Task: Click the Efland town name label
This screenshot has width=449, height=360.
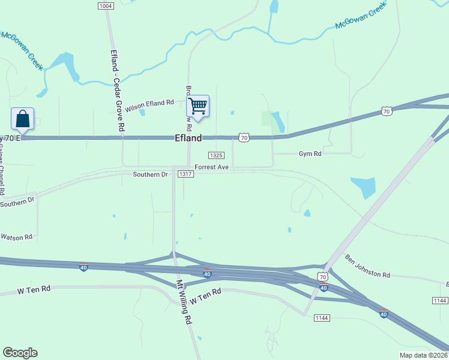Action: click(x=188, y=138)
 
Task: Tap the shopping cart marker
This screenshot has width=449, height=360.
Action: click(x=197, y=107)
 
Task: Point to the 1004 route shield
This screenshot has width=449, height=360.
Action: click(x=106, y=5)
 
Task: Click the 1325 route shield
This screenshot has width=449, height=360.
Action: click(x=216, y=155)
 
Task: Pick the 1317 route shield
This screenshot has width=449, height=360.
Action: click(x=185, y=174)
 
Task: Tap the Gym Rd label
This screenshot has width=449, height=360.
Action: click(x=310, y=154)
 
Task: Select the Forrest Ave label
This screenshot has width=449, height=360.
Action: click(x=211, y=167)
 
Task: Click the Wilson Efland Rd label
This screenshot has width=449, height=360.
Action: click(x=149, y=103)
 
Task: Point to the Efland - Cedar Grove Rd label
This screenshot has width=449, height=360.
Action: click(x=117, y=90)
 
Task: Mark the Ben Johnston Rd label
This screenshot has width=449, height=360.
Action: click(x=367, y=266)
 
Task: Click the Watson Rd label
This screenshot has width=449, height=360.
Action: click(x=16, y=237)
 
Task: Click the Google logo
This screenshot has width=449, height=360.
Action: click(x=20, y=353)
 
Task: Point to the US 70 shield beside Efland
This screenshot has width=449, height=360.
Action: click(x=243, y=138)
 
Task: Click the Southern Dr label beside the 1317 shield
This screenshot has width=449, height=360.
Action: click(x=151, y=175)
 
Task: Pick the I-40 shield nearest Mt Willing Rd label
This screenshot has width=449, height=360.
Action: click(x=207, y=274)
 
